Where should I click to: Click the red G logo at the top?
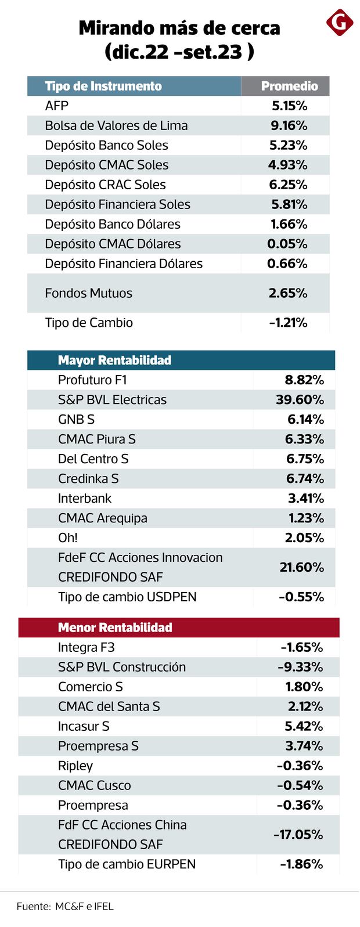(340, 23)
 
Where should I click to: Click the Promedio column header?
(289, 86)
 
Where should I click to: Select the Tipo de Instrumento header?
(103, 86)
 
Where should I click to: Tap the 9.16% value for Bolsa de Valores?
(289, 125)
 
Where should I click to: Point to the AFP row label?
(57, 106)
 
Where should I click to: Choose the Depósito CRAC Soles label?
(105, 185)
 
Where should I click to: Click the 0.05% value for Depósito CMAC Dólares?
(287, 244)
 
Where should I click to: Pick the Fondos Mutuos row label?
(88, 293)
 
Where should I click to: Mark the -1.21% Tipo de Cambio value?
(288, 323)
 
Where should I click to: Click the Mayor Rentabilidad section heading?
(114, 360)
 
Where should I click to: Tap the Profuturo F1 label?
(92, 380)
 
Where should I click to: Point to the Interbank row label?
(85, 499)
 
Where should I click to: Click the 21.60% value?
(301, 567)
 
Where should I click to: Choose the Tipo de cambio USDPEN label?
(127, 597)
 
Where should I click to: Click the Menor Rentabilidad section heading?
(115, 627)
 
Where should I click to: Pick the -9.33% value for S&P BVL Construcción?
(300, 667)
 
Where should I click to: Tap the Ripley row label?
(75, 766)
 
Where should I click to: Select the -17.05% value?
(298, 835)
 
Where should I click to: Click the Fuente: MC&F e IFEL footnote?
(65, 906)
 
